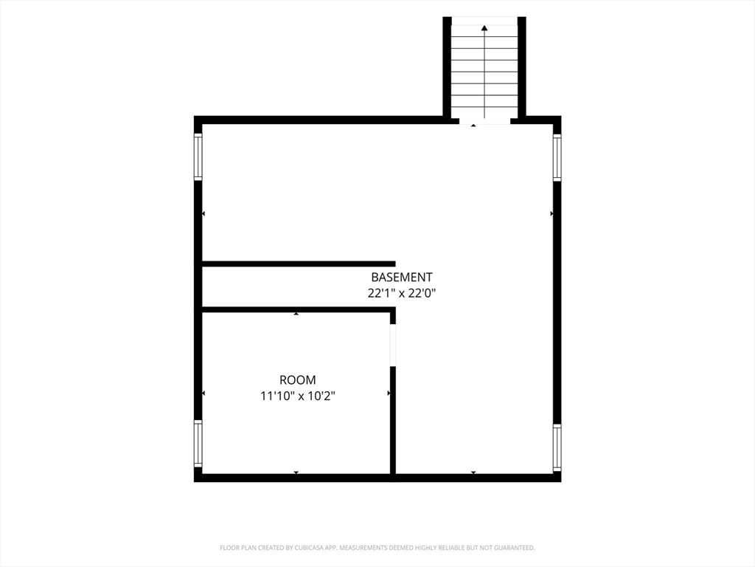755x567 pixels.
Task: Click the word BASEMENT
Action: tap(402, 278)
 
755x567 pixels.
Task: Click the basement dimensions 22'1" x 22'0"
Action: tap(402, 292)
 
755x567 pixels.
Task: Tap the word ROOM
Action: tap(298, 380)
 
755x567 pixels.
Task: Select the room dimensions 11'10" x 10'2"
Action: tap(298, 396)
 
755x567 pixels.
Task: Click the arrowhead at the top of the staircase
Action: tap(484, 28)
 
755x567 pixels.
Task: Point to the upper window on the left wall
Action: tap(198, 157)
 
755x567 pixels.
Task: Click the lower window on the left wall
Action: tap(198, 444)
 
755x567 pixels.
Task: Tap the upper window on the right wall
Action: tap(557, 157)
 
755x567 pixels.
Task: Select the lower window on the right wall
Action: tap(557, 448)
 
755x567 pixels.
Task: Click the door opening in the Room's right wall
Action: tap(392, 346)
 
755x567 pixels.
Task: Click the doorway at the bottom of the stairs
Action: tap(484, 120)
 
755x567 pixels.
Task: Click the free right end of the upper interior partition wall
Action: tap(395, 264)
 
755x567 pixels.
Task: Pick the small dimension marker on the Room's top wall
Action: tap(296, 314)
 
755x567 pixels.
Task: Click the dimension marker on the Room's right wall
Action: tap(389, 394)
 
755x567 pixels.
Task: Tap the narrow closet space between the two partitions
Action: tap(296, 287)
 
